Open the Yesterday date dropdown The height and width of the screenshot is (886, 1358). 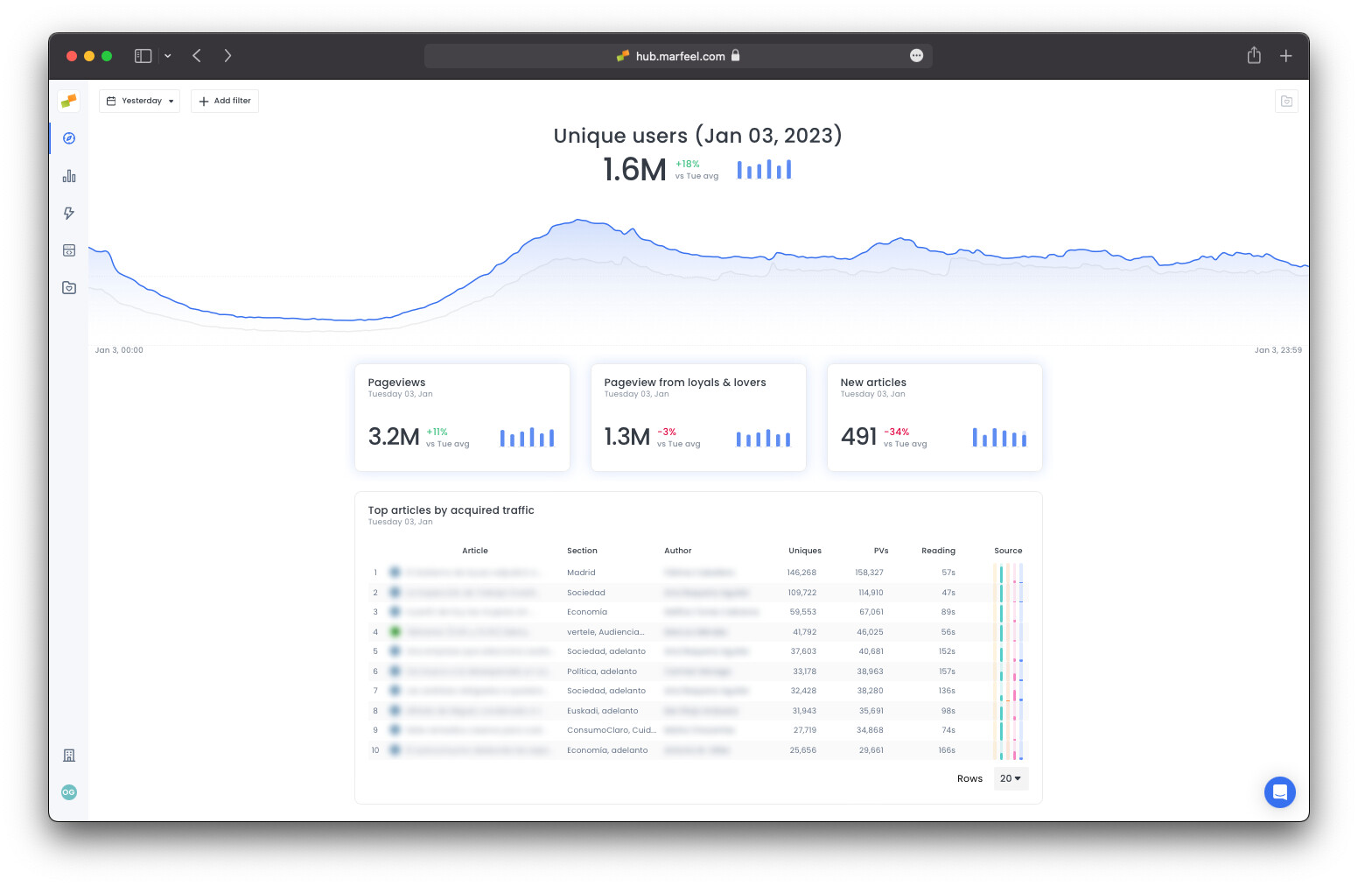139,101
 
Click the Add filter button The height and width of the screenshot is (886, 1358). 225,101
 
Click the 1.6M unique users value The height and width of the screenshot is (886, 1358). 634,170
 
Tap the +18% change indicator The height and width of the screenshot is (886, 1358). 688,164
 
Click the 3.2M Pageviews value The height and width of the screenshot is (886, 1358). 394,436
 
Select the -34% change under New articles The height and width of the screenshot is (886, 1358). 896,432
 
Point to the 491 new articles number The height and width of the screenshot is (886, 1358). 858,436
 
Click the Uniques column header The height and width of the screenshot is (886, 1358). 804,551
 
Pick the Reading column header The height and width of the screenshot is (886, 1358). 938,551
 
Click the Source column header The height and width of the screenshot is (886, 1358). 1008,551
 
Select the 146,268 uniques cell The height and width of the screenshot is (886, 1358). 801,573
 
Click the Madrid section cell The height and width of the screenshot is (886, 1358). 581,573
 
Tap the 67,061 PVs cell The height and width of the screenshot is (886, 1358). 871,612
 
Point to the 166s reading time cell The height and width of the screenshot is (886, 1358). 947,750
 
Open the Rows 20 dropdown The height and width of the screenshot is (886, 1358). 1011,778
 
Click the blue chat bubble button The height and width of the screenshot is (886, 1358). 1279,792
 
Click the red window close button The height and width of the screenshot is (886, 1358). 72,56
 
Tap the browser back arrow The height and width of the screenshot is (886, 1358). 197,56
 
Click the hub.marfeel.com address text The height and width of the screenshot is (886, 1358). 680,56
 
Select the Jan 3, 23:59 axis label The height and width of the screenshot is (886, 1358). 1277,350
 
